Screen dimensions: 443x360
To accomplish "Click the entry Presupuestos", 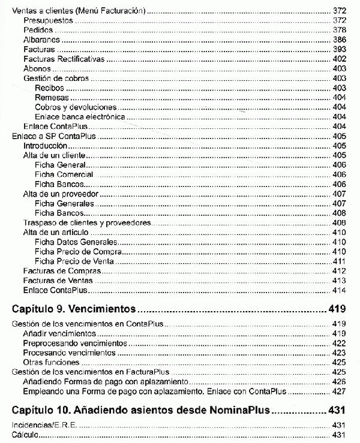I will [47, 20].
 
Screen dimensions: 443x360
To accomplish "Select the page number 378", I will [339, 30].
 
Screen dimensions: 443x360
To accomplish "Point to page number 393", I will [339, 49].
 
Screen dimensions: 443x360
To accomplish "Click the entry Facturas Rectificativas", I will [64, 59].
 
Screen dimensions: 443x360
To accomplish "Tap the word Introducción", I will [44, 146].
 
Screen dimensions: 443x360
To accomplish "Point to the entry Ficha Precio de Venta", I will [74, 261].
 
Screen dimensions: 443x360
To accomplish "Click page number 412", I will [339, 272].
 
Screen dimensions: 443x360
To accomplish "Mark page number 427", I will [339, 391].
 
